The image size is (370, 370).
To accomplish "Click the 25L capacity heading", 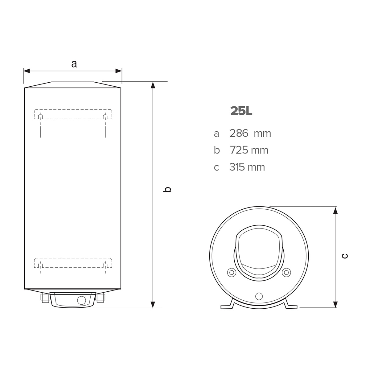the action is (241, 111).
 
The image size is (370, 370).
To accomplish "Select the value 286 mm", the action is (250, 133).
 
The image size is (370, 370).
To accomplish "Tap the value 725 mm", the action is (249, 150).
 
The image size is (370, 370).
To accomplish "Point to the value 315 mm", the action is (247, 167).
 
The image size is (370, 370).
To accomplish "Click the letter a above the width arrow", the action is (74, 64).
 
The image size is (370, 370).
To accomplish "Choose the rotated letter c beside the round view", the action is (345, 256).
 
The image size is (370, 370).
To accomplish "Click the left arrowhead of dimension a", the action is (27, 71).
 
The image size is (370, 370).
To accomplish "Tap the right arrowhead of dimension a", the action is (118, 71).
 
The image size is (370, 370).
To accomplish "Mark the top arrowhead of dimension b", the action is (153, 85).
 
